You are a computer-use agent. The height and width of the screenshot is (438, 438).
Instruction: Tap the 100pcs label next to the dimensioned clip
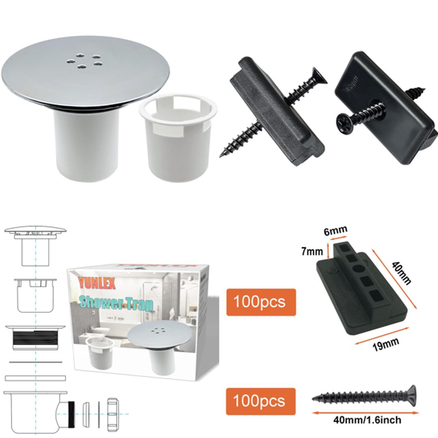pyautogui.click(x=261, y=302)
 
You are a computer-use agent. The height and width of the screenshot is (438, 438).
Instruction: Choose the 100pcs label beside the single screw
pyautogui.click(x=261, y=401)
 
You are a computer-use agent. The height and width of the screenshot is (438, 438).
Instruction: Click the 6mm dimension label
pyautogui.click(x=335, y=230)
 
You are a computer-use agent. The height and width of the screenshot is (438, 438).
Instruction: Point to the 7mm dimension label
pyautogui.click(x=312, y=251)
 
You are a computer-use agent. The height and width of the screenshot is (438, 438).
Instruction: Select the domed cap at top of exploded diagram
pyautogui.click(x=35, y=230)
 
